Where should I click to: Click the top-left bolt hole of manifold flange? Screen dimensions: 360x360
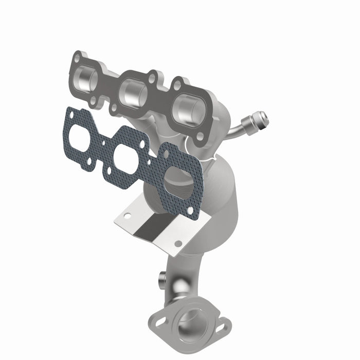tap(77, 58)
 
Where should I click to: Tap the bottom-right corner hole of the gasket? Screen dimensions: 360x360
tap(191, 210)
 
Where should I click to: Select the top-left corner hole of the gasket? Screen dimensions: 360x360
tap(69, 114)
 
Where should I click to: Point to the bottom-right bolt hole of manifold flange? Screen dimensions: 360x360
tap(200, 136)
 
